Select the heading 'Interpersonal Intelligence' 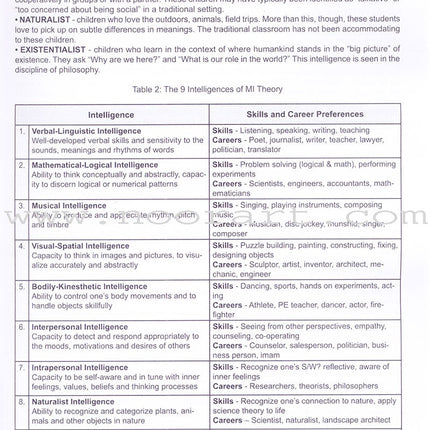coord(79,327)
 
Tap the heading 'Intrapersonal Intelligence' coord(80,368)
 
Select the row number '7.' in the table coord(22,368)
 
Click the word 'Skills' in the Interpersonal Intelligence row coord(222,327)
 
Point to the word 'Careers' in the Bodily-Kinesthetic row coord(226,304)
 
